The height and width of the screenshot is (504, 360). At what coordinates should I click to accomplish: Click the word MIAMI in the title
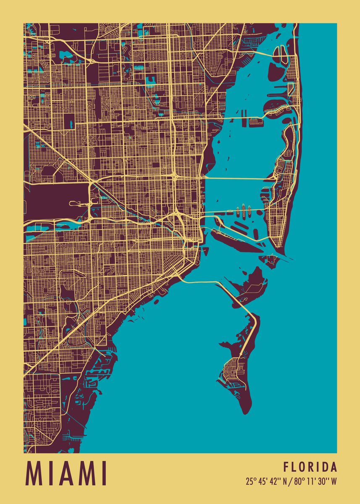point(67,473)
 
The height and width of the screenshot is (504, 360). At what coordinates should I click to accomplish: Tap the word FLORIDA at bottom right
point(310,467)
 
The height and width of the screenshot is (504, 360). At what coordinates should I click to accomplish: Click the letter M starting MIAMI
point(35,473)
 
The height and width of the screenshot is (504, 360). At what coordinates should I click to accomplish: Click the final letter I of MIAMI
point(104,473)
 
